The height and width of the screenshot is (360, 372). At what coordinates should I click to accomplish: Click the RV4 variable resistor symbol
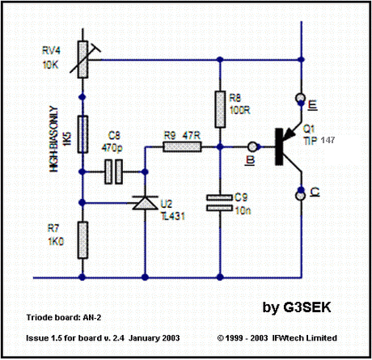83,59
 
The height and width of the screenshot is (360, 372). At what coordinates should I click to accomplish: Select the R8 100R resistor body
220,109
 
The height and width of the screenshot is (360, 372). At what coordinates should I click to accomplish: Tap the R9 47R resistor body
182,147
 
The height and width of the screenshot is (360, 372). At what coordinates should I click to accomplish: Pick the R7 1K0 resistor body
82,240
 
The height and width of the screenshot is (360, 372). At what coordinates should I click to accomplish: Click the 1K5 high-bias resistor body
82,134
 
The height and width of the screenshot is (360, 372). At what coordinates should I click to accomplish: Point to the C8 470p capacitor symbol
113,172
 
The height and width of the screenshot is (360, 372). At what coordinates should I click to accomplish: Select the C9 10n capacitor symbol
220,203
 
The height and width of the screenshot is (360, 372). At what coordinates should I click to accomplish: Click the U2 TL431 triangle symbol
145,203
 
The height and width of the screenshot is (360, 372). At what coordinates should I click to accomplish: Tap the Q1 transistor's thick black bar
279,147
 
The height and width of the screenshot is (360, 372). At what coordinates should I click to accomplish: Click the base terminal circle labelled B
252,146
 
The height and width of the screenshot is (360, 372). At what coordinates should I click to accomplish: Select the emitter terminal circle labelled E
301,97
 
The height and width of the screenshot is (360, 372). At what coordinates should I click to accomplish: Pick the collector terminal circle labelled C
301,195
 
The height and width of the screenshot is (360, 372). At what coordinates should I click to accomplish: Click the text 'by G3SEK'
297,307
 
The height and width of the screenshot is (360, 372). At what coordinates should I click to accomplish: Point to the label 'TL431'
173,216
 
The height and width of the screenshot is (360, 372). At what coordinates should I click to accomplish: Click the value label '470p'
112,147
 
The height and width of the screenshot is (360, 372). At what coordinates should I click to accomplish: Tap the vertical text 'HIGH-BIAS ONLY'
54,139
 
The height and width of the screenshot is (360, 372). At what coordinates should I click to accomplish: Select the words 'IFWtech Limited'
305,338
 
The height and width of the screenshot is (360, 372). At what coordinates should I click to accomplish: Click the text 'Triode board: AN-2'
64,317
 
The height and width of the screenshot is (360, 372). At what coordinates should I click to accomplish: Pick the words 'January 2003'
154,338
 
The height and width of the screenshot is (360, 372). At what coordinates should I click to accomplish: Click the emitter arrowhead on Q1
290,133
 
